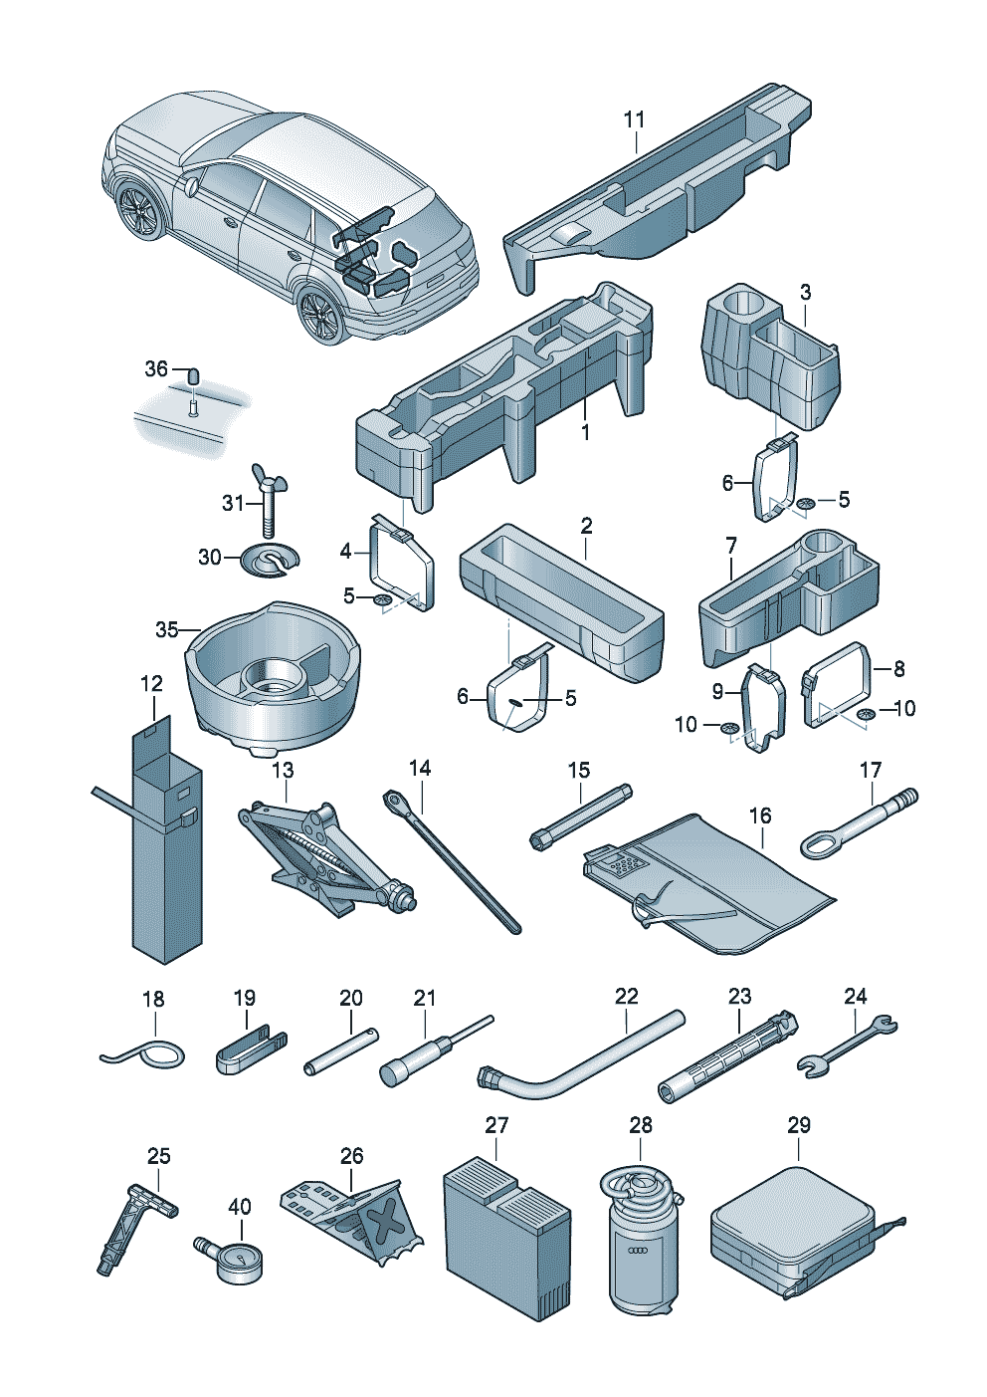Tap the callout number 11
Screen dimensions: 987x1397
pos(635,119)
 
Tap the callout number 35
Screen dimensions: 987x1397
pos(166,630)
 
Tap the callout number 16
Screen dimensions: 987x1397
pos(761,815)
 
